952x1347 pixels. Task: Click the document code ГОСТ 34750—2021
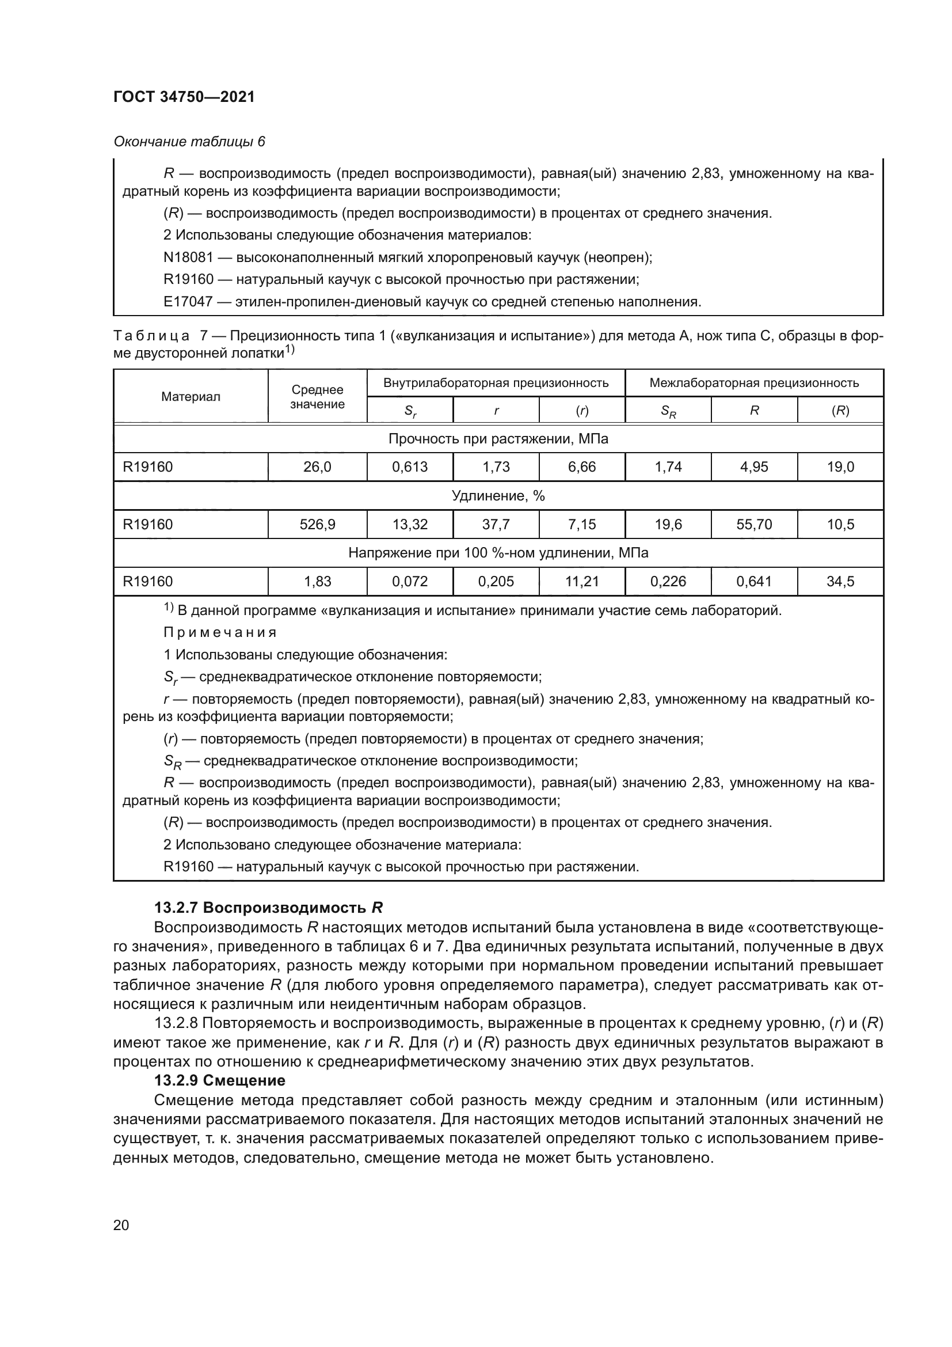(184, 97)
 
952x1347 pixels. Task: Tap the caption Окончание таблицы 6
(189, 142)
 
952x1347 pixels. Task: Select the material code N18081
(188, 257)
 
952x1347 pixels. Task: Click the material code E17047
(188, 302)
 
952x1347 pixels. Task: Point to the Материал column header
(191, 397)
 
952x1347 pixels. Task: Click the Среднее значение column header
(317, 397)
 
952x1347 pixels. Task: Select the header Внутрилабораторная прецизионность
(496, 383)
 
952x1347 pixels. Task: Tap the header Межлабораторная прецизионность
(754, 383)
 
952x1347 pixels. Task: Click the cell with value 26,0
(317, 467)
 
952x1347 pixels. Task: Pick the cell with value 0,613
(410, 467)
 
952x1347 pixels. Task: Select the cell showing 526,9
(317, 525)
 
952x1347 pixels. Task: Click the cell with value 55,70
(754, 525)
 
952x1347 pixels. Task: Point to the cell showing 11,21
(581, 582)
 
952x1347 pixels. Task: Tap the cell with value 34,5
(840, 582)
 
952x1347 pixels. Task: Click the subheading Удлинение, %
(498, 496)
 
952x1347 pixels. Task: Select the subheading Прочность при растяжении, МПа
(498, 439)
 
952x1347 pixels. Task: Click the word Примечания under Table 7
(220, 632)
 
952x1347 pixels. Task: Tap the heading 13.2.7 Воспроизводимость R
(268, 908)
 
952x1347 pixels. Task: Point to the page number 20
(121, 1225)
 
